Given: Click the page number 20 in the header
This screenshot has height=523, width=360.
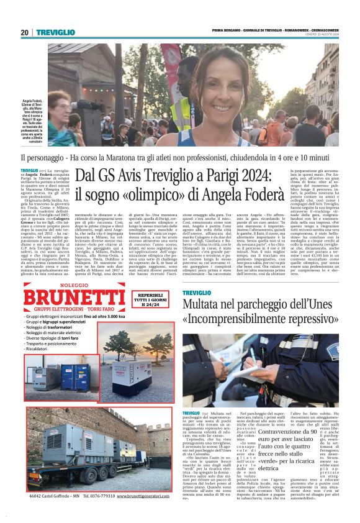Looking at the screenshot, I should (24, 32).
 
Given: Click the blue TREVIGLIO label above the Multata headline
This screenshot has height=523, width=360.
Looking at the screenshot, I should (198, 292).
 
